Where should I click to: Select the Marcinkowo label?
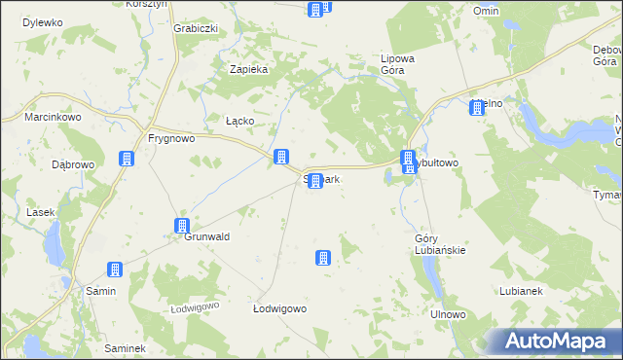(53, 118)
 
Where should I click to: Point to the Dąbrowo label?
(73, 164)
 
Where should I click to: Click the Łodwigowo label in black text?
(280, 308)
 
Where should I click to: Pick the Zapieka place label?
(248, 69)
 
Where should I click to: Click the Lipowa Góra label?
(398, 64)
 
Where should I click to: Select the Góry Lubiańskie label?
(440, 244)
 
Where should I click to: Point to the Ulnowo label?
(449, 315)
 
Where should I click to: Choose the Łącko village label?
(239, 121)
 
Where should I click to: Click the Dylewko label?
(42, 21)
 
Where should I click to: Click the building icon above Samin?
(115, 270)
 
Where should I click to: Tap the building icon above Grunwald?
(181, 226)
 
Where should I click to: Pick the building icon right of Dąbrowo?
(126, 160)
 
